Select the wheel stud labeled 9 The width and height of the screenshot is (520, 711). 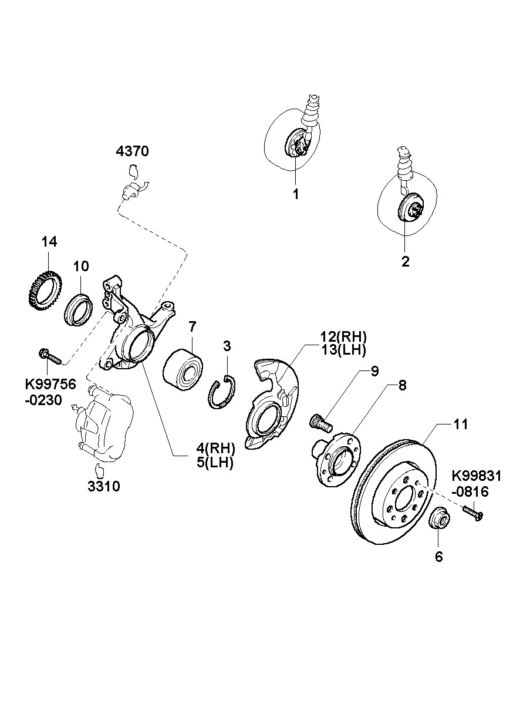tap(319, 420)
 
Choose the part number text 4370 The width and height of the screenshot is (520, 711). tap(133, 151)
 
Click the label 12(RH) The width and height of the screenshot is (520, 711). tap(343, 336)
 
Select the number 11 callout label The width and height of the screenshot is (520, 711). tap(461, 424)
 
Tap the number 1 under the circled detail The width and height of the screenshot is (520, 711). tap(296, 193)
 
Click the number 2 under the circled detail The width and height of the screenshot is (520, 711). tap(405, 261)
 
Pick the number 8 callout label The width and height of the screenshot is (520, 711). tap(402, 386)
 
